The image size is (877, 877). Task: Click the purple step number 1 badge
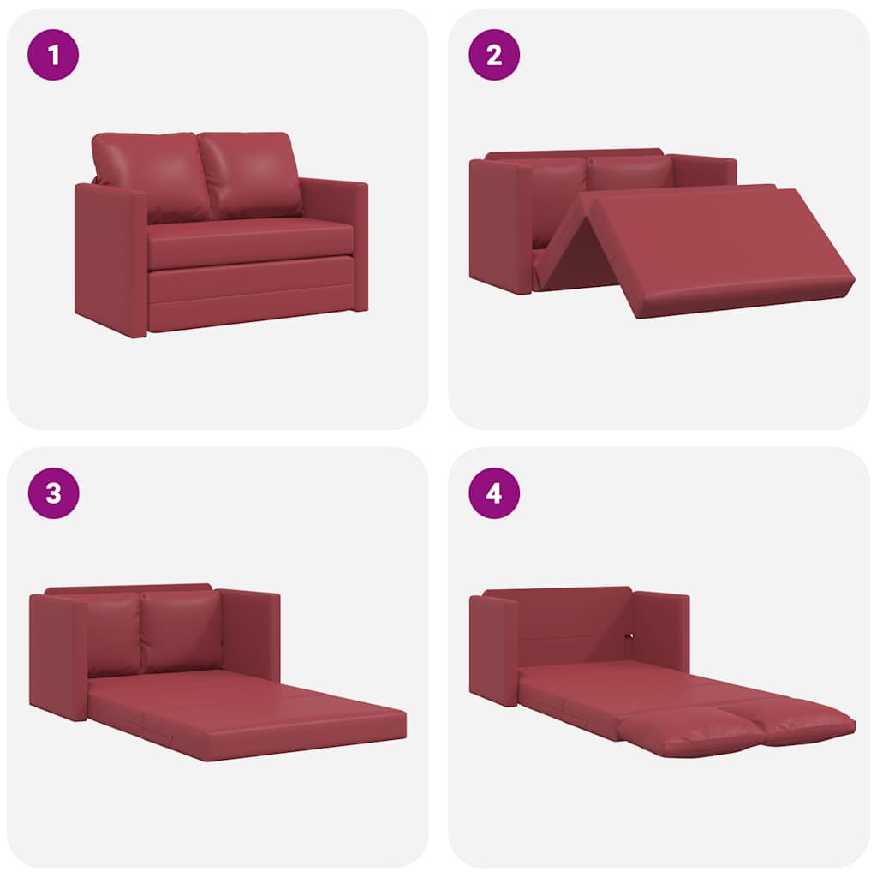pos(53,55)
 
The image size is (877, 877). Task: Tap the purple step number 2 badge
pos(494,55)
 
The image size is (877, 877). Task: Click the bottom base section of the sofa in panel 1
pos(251,295)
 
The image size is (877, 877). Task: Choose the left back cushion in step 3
pos(112,631)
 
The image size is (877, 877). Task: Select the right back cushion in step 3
pos(181,629)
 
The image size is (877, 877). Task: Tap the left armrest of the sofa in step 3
pos(58,655)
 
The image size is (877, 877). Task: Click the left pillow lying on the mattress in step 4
pos(689,734)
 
